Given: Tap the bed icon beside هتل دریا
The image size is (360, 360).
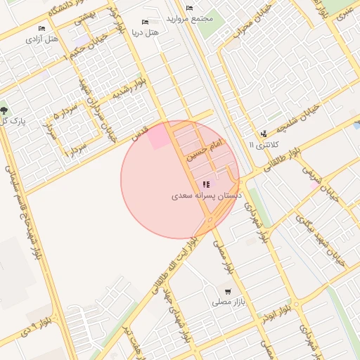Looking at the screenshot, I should (146, 22).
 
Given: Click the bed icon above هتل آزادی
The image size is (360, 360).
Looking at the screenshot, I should (42, 28).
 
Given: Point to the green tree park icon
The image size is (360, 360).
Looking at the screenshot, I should (4, 110).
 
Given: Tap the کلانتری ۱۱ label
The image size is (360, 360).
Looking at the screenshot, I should (264, 144).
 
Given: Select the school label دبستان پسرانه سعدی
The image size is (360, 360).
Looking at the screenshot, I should (207, 196).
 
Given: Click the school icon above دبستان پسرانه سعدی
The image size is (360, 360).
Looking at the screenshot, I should (206, 185).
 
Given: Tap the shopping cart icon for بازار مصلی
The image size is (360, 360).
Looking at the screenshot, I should (228, 291).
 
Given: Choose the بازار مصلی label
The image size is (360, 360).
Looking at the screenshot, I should (228, 302).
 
